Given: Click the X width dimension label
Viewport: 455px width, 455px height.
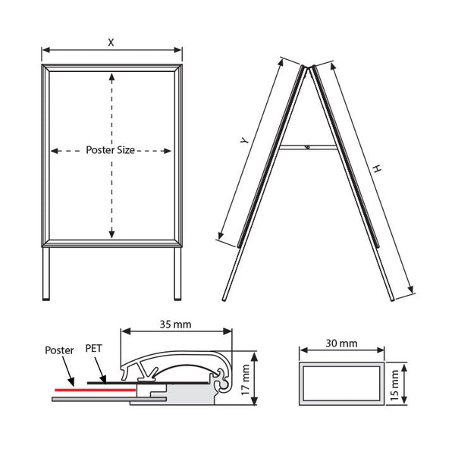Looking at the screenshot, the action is pyautogui.click(x=111, y=42).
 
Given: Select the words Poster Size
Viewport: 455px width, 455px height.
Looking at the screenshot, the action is pyautogui.click(x=110, y=150).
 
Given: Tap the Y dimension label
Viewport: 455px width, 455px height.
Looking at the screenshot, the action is pyautogui.click(x=245, y=140).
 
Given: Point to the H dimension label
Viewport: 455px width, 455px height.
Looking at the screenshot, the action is pyautogui.click(x=377, y=168).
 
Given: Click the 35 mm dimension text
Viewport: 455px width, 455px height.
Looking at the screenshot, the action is pyautogui.click(x=176, y=324).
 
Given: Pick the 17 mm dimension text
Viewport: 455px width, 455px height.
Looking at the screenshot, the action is pyautogui.click(x=246, y=379).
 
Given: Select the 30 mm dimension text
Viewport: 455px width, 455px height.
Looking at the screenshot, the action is pyautogui.click(x=341, y=344).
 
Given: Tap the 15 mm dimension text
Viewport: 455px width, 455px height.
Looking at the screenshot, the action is pyautogui.click(x=394, y=385).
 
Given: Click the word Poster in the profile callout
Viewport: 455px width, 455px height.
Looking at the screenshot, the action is pyautogui.click(x=59, y=350).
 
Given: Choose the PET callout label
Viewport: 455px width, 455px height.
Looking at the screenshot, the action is pyautogui.click(x=94, y=348).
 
